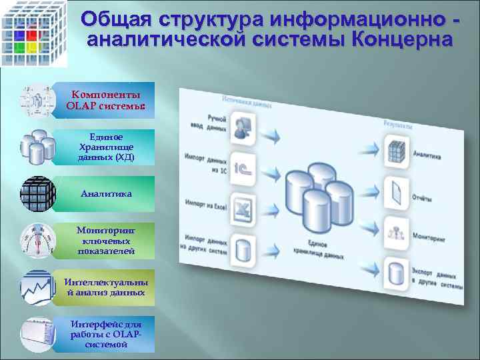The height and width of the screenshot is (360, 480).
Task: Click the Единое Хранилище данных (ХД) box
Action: [105, 147]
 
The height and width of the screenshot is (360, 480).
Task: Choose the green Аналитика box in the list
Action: [105, 193]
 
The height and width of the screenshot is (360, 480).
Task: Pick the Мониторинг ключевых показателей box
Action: [105, 240]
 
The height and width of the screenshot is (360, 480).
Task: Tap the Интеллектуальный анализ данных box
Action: [105, 287]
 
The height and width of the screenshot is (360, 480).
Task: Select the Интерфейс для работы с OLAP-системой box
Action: [105, 334]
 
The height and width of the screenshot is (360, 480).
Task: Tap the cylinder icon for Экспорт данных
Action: [395, 272]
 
